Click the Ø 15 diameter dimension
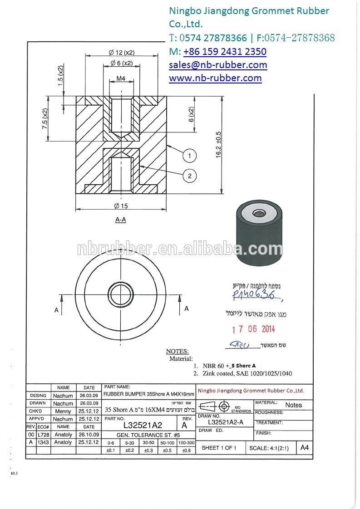[x=121, y=206]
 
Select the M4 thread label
[x=121, y=78]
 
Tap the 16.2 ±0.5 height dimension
[x=218, y=144]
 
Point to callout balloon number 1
[x=190, y=156]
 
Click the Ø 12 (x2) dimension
[x=121, y=52]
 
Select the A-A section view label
[x=120, y=220]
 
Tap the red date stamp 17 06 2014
[x=253, y=329]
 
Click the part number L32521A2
[x=143, y=426]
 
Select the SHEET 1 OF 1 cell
[x=219, y=448]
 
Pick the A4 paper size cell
[x=304, y=447]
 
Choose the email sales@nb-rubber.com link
[x=218, y=65]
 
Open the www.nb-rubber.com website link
[x=215, y=78]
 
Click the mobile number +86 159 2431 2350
[x=225, y=51]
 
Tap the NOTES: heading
[x=177, y=351]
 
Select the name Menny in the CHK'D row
[x=63, y=411]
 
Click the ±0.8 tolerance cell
[x=186, y=450]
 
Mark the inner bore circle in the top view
[x=120, y=295]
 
